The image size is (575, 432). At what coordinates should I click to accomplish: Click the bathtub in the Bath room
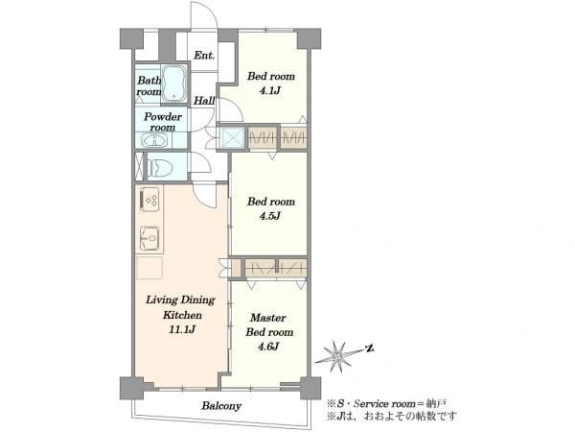point(173,84)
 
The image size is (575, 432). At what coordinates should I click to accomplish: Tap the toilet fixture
point(160,167)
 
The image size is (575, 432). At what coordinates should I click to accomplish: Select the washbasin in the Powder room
point(154,140)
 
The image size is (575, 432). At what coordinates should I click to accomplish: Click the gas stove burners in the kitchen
point(149,200)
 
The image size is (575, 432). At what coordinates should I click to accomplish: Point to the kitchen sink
point(149,238)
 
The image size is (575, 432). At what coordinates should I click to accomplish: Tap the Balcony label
point(221,406)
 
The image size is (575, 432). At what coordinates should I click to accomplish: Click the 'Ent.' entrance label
point(204,56)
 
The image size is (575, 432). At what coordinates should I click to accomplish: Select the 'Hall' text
point(204,101)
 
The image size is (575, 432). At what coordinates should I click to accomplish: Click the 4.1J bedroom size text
point(270,90)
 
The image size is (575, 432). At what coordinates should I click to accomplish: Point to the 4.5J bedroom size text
point(270,216)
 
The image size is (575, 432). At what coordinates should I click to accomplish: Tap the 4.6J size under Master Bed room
point(269,346)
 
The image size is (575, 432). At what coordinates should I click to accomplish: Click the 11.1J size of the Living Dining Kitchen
point(182,329)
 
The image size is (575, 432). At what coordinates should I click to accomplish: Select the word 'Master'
point(267,318)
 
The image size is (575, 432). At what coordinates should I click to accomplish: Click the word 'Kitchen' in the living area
point(182,315)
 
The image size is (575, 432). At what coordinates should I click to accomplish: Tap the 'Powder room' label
point(163,122)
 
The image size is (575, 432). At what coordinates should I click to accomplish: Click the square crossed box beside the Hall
point(232,138)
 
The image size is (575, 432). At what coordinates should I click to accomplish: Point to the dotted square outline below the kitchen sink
point(149,268)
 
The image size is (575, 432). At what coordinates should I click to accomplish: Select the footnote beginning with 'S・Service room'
point(386,404)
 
